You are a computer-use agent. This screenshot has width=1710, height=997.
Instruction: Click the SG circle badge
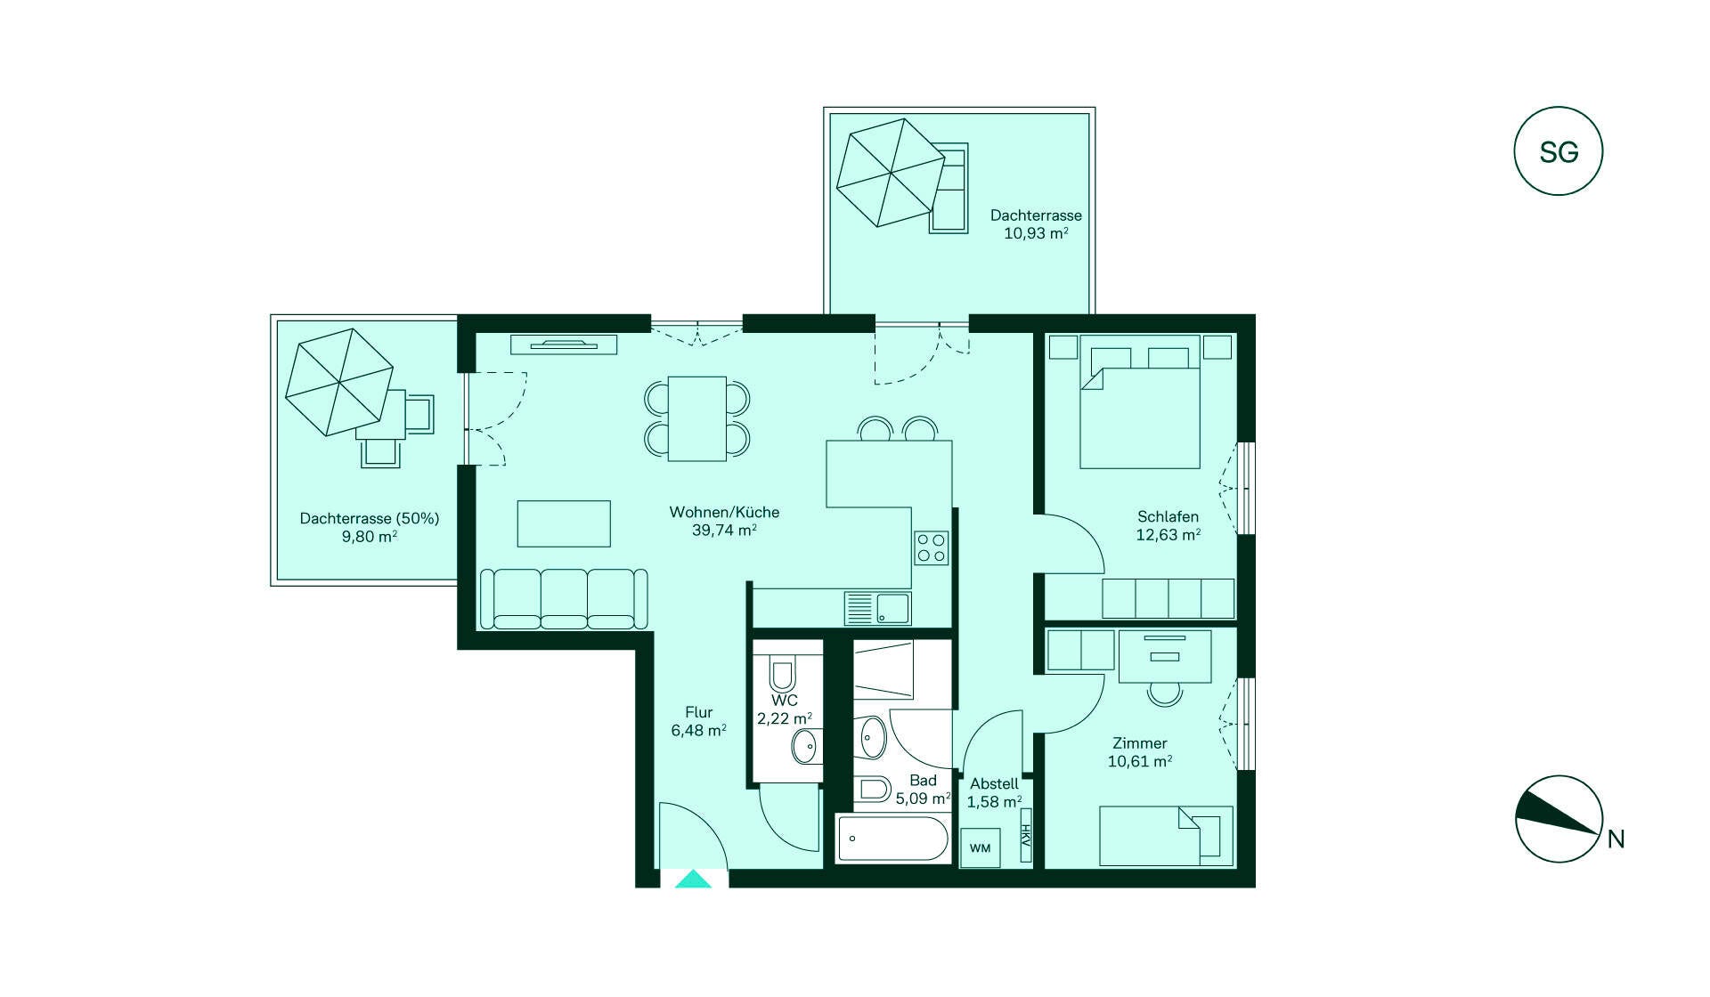pos(1558,151)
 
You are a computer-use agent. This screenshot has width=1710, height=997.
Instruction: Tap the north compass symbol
pos(1559,819)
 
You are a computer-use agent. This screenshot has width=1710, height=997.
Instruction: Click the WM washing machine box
pos(981,847)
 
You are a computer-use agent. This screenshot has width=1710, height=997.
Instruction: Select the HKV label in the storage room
pos(1026,835)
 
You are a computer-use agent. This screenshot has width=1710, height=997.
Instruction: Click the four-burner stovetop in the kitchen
pos(932,547)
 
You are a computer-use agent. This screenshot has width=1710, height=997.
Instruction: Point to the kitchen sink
pos(877,609)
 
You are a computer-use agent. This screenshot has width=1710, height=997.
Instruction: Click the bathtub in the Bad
pos(892,839)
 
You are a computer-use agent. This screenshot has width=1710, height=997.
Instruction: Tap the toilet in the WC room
pos(783,675)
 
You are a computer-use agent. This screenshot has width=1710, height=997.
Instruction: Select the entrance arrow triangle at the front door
pos(693,879)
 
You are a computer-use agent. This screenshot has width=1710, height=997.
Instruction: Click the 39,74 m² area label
pos(724,530)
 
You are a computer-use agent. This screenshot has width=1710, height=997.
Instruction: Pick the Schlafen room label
pos(1168,516)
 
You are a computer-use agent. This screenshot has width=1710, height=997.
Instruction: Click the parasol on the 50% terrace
pos(339,382)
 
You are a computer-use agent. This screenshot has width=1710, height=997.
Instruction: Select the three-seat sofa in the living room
pos(564,599)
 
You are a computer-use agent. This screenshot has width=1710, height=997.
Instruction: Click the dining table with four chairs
pos(697,418)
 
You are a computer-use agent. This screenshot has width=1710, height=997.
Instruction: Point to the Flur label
pos(699,712)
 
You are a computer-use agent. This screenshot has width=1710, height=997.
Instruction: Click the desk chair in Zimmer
pos(1164,693)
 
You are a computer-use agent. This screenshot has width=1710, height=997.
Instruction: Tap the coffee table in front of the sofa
pos(564,523)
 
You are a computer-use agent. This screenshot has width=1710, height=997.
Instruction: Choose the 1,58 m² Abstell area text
pos(994,802)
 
